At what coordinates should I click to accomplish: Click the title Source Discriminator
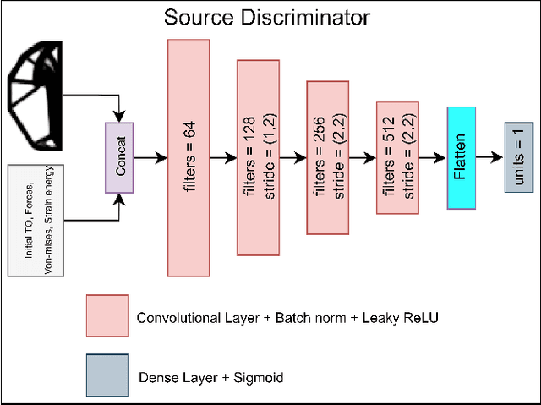coord(266,16)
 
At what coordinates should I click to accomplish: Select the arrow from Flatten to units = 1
coord(490,157)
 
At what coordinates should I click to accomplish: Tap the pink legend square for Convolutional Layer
coord(107,316)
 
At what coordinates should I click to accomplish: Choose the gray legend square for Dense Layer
coord(107,375)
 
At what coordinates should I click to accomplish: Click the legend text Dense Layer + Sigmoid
coord(210,377)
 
